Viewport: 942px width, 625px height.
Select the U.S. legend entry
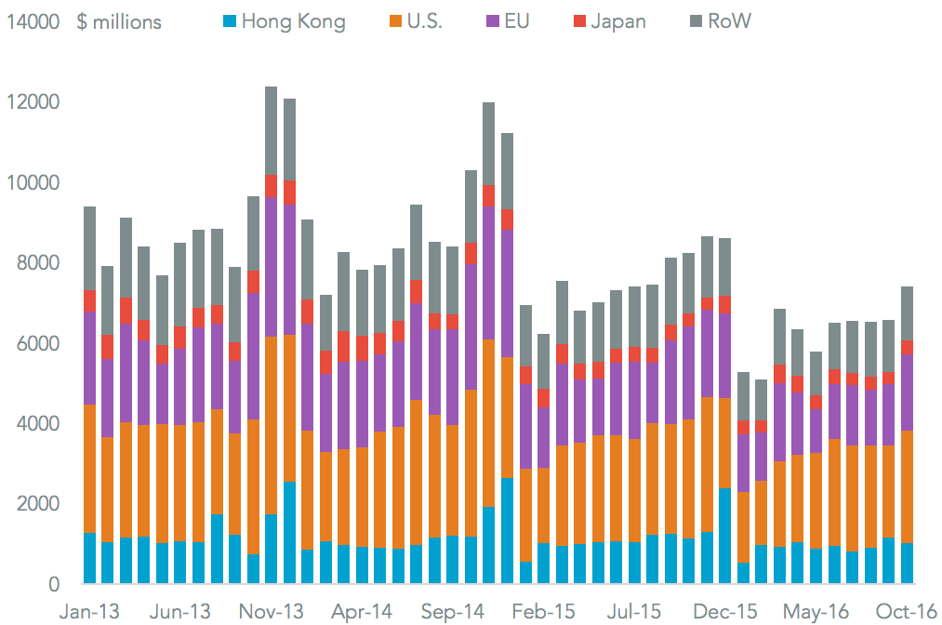point(414,21)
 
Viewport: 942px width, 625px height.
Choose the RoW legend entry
point(719,21)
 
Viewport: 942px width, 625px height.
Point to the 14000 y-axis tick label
point(33,21)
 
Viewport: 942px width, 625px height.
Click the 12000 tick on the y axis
point(33,102)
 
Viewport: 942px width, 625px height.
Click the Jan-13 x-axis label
point(90,611)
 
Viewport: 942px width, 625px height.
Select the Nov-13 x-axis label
point(272,611)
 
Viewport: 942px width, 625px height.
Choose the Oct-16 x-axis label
point(908,611)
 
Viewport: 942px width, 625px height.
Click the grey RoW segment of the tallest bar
point(272,130)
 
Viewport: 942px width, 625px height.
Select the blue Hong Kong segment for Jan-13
point(90,558)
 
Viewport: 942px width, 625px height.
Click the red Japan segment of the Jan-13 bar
point(90,300)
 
